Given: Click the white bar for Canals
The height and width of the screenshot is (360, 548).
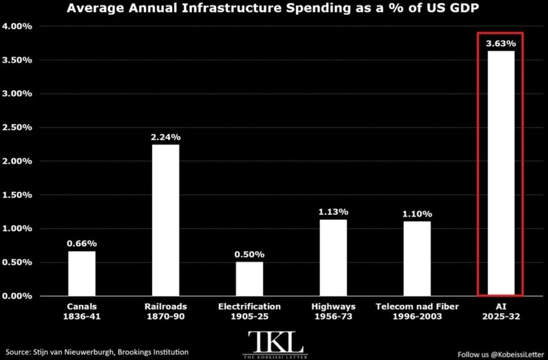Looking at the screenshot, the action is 82,273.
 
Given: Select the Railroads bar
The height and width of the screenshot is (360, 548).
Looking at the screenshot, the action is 165,221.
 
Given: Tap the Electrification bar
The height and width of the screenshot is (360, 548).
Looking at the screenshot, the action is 250,279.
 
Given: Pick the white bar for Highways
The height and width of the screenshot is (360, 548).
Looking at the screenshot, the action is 333,258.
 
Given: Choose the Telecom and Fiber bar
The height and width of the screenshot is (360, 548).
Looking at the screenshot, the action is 417,259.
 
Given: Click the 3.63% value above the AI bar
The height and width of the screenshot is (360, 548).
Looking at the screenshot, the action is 501,44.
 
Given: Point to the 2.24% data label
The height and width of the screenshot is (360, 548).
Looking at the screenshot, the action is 165,137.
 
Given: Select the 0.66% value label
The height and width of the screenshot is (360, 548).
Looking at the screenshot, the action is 82,243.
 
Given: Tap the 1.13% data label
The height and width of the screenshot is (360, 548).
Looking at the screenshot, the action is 333,212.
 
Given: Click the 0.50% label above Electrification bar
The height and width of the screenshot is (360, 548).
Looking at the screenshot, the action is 250,255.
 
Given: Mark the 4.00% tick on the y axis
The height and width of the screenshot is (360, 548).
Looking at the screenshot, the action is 17,26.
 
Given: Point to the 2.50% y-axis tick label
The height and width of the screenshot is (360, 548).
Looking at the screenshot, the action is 17,127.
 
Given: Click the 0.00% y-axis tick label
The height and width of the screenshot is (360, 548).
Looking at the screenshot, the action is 17,296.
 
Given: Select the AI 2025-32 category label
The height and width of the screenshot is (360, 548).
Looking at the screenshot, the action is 501,311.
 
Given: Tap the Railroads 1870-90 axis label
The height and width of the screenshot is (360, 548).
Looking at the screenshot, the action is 165,311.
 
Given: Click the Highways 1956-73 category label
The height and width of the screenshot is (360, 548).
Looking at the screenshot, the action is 333,311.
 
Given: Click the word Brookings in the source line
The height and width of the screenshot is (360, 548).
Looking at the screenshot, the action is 133,352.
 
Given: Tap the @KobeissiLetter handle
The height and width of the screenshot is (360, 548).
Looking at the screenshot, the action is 517,355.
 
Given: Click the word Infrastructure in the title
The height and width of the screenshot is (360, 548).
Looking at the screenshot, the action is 231,8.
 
